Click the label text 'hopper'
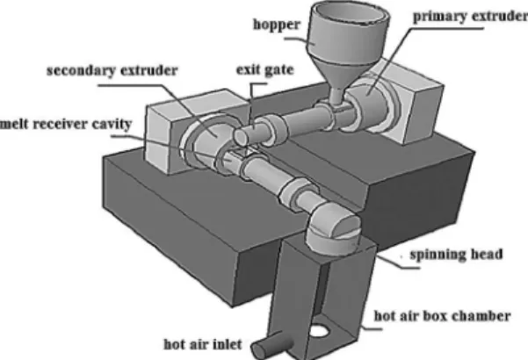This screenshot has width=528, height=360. [277, 25]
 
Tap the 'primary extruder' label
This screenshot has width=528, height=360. [470, 16]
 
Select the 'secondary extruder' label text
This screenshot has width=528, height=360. [112, 71]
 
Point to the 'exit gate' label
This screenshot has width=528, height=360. [265, 70]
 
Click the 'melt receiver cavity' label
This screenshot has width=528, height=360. [66, 124]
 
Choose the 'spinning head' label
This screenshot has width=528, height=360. [456, 254]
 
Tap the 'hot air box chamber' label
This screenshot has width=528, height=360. [443, 316]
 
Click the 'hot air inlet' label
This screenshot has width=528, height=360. [203, 344]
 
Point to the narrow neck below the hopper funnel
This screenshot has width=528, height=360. [336, 96]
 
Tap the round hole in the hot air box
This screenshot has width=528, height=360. [318, 330]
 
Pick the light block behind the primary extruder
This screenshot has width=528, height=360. [411, 101]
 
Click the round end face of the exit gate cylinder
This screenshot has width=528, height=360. [241, 137]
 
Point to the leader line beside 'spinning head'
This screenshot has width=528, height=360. [397, 262]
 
